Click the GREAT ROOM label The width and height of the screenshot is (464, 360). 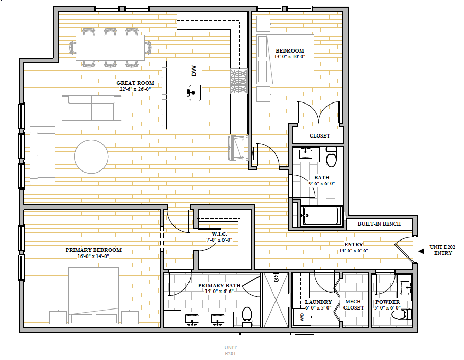pos(135,83)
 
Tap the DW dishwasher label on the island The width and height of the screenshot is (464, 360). pos(194,71)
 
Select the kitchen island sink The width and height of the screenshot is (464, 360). pos(194,92)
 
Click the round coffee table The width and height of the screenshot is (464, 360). pos(91,157)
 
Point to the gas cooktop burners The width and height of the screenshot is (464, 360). pos(239,81)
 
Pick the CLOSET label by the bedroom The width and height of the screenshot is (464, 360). pos(320,135)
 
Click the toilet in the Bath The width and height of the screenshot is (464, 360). pos(332,157)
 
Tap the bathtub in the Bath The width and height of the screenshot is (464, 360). pos(320,215)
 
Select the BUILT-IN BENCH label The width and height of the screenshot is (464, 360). pos(379,224)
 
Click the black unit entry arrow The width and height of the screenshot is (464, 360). pos(421,251)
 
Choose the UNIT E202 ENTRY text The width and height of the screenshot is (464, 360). pos(443,250)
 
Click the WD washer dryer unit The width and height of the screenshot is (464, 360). pos(302,317)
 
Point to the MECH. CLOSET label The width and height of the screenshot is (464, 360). pos(354,305)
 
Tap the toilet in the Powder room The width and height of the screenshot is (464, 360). pos(402,314)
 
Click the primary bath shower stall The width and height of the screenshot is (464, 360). pos(276,300)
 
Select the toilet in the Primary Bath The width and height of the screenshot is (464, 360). pos(247,316)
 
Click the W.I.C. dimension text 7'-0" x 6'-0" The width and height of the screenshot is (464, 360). pos(219,240)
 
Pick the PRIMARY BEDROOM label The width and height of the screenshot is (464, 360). pos(94,250)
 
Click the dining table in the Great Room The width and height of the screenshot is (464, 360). pos(110,48)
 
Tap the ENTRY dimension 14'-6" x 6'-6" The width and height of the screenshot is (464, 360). pos(354,250)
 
